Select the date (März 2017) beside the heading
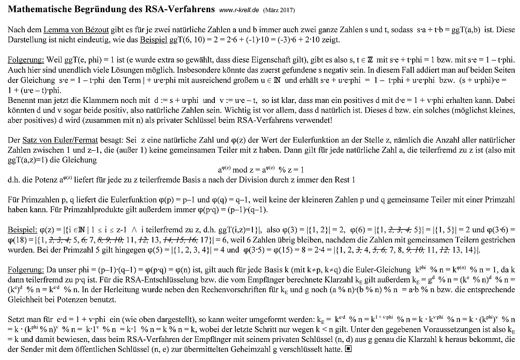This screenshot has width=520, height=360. (279, 10)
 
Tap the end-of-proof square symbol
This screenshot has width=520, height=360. (348, 350)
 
